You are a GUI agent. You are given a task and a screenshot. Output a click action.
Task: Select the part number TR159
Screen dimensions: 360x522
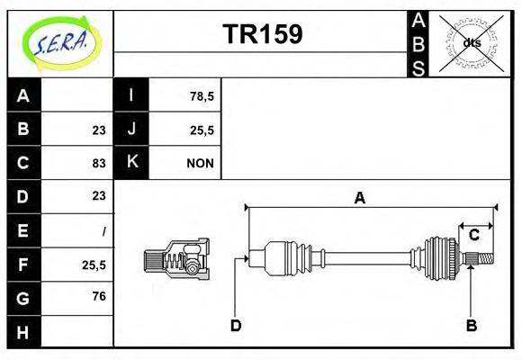[x=262, y=34]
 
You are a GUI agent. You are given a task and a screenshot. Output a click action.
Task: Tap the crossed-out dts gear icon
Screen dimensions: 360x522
[x=472, y=43]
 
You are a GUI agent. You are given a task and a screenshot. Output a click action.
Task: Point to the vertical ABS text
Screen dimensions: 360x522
[x=418, y=43]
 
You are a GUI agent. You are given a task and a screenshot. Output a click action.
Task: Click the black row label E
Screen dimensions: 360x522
[x=23, y=230]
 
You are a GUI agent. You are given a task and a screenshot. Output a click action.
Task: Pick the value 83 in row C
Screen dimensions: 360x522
[x=98, y=163]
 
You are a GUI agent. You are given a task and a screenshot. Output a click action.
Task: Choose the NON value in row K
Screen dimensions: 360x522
[x=199, y=163]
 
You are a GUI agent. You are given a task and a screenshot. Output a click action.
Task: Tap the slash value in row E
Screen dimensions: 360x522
[x=103, y=230]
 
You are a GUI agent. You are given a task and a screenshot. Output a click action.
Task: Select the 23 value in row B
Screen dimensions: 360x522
[x=98, y=130]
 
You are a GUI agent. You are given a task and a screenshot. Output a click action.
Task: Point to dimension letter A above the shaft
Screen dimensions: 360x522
[x=360, y=198]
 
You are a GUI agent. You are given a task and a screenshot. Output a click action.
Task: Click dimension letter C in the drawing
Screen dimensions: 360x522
[x=473, y=236]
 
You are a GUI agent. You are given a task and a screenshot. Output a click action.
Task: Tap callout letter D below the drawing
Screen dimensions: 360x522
[x=235, y=325]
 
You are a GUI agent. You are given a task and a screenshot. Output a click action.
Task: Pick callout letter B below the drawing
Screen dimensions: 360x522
[x=471, y=325]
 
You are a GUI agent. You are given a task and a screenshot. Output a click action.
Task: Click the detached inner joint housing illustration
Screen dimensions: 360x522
[x=176, y=258]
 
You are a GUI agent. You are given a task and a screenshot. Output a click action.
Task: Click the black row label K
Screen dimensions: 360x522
[x=131, y=163]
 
